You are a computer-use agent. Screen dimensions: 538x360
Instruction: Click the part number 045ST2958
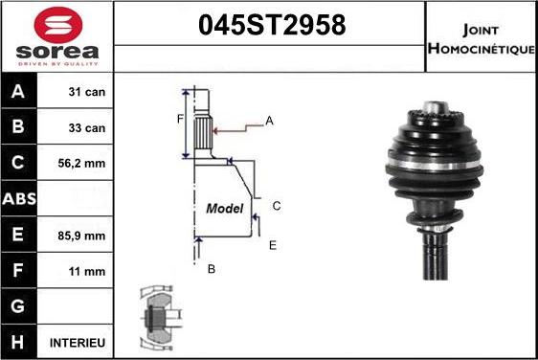click(272, 25)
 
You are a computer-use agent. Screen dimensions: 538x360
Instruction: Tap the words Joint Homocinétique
click(482, 39)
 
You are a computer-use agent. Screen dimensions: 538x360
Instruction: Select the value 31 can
click(87, 92)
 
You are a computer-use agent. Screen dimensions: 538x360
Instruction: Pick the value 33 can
click(87, 128)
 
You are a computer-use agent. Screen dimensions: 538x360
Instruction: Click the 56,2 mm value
click(81, 164)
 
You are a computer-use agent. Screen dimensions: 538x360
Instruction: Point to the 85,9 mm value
click(81, 236)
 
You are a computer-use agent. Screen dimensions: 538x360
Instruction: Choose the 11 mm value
click(87, 272)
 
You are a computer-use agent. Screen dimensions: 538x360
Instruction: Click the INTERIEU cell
click(78, 343)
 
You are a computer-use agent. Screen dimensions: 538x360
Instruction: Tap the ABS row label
click(19, 199)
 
